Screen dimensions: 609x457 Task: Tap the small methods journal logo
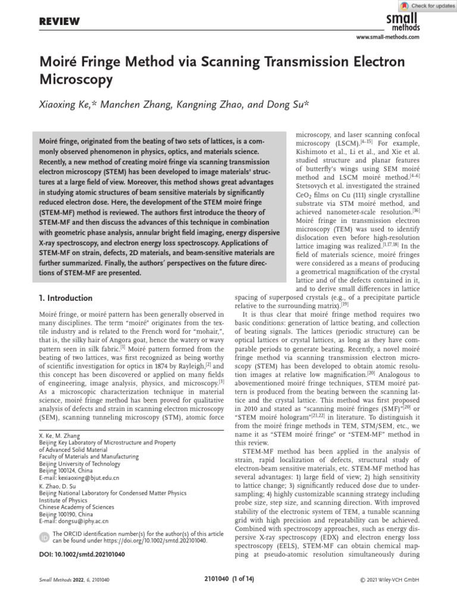403,22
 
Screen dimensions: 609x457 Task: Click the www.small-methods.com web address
387,37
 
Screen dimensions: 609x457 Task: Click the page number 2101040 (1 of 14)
228,579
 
